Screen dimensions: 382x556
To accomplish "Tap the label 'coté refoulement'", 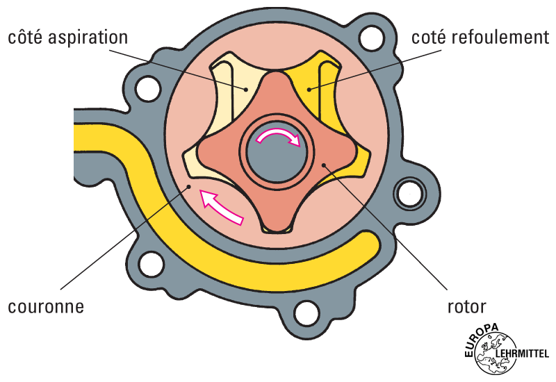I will (480, 37).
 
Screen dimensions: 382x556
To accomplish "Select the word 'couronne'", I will (46, 306).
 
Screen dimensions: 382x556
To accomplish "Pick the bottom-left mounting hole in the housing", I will (148, 263).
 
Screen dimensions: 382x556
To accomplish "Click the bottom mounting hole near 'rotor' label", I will (306, 310).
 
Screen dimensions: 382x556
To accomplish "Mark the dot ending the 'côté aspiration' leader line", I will (245, 89).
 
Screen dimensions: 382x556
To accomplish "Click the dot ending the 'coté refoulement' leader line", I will (310, 88).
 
